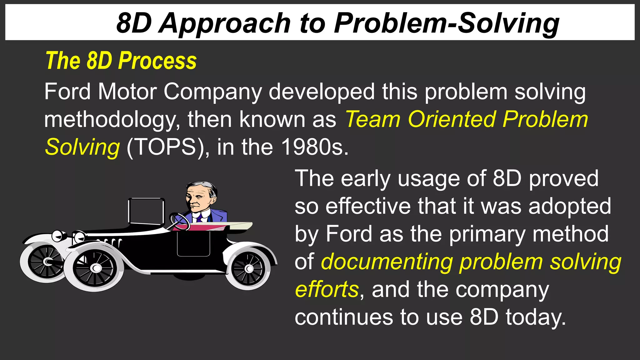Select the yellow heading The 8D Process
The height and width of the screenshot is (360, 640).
[121, 61]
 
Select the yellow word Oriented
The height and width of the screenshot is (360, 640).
[452, 119]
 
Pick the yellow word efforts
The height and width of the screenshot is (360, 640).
[327, 289]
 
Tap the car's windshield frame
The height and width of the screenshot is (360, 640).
[146, 211]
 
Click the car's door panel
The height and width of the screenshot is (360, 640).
[193, 244]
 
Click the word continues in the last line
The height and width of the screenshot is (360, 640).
[343, 317]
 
